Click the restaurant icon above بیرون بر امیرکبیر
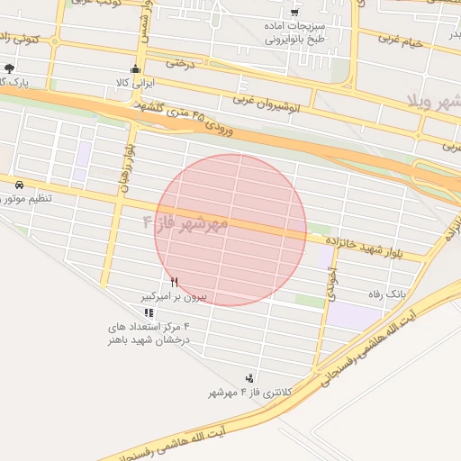[175, 282]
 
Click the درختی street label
[180, 64]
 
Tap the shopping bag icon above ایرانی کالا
[136, 68]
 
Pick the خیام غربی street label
[401, 40]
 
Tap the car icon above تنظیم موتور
[19, 183]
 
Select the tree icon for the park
[9, 68]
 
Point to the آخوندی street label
[331, 281]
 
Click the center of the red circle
[231, 230]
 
